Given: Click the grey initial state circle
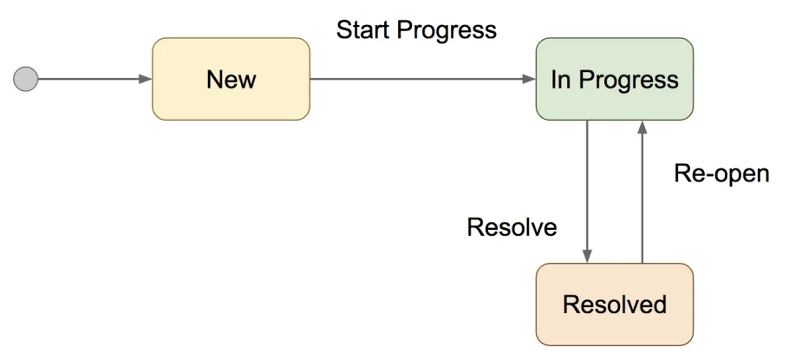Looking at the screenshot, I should coord(26,80).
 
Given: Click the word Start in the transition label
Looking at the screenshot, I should coord(364,30).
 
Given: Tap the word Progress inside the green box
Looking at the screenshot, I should coord(629,80).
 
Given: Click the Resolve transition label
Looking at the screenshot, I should coord(512,228).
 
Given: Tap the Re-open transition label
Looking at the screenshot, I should coord(721,173).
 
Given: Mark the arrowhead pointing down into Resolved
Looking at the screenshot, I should coord(588,256).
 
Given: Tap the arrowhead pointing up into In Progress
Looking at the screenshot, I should coord(642,128).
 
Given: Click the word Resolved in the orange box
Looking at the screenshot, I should coord(615,305).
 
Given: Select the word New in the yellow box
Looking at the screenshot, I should coord(231,80).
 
